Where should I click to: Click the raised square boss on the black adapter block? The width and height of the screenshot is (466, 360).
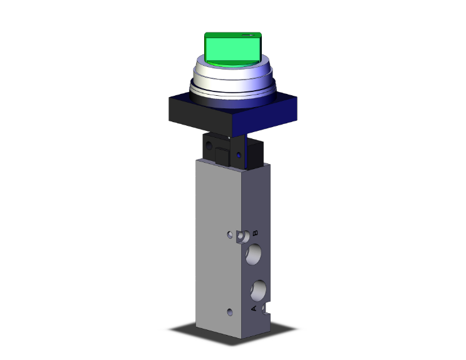click(223, 155)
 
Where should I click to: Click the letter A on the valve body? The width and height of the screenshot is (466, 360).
click(254, 309)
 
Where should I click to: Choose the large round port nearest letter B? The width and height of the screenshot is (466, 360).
click(255, 254)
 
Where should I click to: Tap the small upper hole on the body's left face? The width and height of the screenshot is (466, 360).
click(230, 236)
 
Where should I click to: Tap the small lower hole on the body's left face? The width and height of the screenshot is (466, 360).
click(231, 311)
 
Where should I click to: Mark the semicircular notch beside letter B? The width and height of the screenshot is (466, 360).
click(242, 237)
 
